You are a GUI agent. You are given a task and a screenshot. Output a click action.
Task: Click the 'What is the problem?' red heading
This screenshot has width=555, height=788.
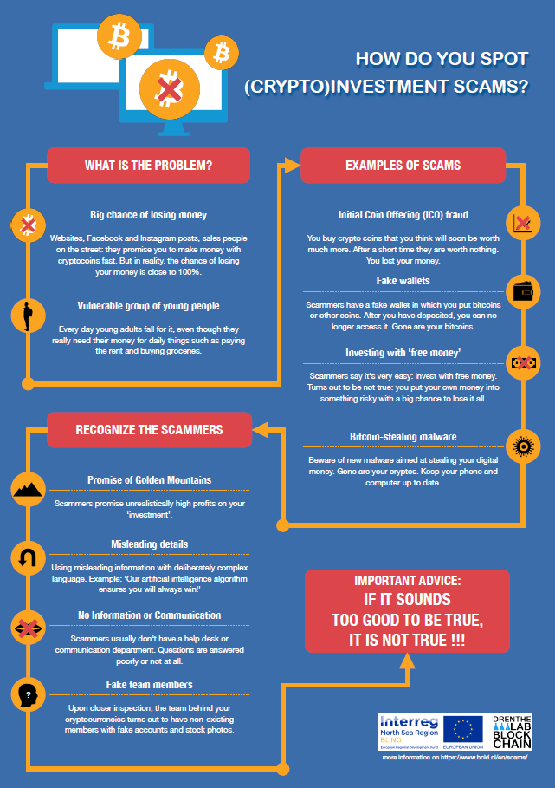(x=149, y=166)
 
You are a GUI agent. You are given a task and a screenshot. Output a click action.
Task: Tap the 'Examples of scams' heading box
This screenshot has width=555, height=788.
(x=403, y=166)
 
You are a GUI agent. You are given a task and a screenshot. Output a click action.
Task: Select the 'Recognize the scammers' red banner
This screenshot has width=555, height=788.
(x=149, y=430)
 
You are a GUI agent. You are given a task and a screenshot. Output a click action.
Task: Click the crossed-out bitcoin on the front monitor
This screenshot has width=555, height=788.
(x=169, y=89)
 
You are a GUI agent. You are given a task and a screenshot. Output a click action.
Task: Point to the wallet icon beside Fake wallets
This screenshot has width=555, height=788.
(x=523, y=291)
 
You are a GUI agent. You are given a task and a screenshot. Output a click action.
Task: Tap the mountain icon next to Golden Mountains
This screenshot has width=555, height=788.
(x=28, y=489)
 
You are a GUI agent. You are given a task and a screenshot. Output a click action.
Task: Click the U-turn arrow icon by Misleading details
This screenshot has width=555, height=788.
(x=28, y=558)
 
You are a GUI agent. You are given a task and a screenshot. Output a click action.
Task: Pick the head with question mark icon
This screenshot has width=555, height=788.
(x=28, y=694)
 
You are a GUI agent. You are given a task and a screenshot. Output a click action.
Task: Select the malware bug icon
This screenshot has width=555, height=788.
(x=523, y=446)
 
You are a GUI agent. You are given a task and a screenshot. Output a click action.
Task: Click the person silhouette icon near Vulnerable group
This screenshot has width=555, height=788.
(x=28, y=316)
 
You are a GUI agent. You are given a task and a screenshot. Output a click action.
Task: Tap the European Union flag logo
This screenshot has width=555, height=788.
(x=462, y=730)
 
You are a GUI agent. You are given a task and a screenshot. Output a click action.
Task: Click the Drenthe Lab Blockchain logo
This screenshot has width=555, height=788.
(x=512, y=733)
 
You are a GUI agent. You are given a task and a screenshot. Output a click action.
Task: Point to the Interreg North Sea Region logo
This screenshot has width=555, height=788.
(x=409, y=733)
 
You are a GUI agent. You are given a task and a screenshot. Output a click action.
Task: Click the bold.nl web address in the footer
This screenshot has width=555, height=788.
(x=484, y=758)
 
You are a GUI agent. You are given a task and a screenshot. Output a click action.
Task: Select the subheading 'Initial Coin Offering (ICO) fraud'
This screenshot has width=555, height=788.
(x=403, y=215)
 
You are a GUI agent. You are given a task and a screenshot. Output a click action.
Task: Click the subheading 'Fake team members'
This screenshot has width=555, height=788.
(x=149, y=685)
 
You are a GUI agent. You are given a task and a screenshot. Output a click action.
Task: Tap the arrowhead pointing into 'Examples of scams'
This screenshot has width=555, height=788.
(x=292, y=165)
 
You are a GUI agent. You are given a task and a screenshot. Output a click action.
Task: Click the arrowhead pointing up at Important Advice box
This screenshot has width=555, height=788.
(x=407, y=661)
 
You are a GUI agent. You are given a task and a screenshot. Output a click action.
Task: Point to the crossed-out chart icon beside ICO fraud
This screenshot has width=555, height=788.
(x=523, y=223)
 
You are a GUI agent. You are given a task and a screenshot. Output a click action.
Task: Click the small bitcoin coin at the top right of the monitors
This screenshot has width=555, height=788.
(x=222, y=52)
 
